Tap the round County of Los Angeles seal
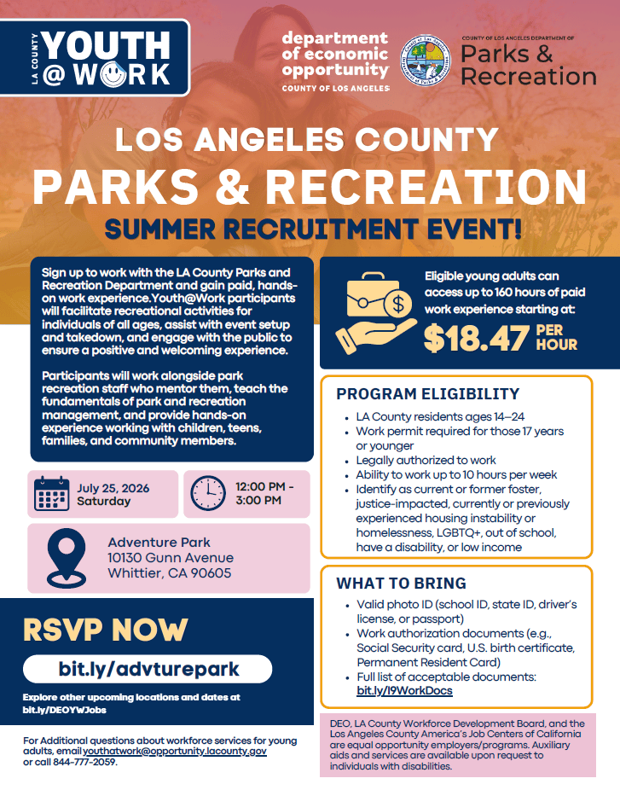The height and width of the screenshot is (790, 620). click(x=426, y=61)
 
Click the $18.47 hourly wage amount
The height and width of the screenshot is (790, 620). click(x=476, y=338)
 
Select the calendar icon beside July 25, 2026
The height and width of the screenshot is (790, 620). click(x=51, y=494)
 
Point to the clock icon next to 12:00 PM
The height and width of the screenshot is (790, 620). click(x=208, y=493)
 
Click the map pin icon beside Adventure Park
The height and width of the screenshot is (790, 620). click(x=66, y=558)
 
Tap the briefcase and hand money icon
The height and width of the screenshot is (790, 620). click(x=376, y=313)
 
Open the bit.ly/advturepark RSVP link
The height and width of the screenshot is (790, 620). click(x=148, y=669)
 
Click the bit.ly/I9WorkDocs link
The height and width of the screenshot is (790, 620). click(x=404, y=691)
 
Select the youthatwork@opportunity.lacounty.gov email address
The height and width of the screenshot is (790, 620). click(x=175, y=752)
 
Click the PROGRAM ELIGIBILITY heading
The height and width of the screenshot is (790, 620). click(x=427, y=394)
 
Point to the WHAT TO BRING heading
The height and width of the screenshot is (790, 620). click(x=401, y=584)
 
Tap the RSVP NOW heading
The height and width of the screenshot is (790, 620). click(x=105, y=630)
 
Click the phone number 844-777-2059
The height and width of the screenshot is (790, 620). click(x=84, y=763)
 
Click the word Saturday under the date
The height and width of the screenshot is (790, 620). click(x=104, y=502)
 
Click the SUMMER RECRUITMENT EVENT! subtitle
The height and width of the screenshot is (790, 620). click(x=313, y=229)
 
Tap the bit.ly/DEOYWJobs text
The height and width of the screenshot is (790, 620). click(x=65, y=711)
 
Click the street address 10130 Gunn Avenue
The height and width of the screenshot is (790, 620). click(x=171, y=558)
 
